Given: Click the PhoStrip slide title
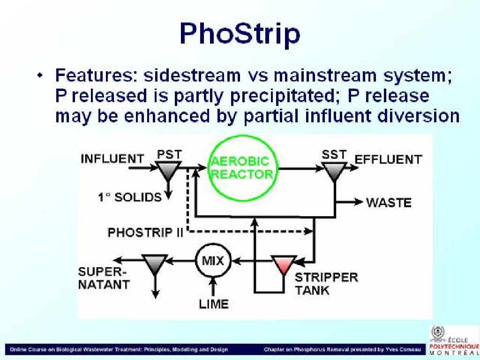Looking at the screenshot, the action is [x=240, y=34].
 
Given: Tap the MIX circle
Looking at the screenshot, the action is [x=213, y=245].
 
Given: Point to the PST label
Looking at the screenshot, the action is [x=169, y=154].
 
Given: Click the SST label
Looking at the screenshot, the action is [x=334, y=154].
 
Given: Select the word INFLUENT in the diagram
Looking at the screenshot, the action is [x=112, y=159].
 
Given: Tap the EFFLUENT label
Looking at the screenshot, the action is [x=388, y=159].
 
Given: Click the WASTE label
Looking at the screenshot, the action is [x=389, y=202].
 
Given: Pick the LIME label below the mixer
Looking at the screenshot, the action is [x=214, y=304].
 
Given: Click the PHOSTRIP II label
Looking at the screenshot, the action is [x=145, y=233].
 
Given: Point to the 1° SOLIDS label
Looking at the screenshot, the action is [x=129, y=197].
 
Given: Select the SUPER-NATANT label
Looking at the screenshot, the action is [x=104, y=278].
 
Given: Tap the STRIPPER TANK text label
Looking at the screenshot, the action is [x=326, y=284].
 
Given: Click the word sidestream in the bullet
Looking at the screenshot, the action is [x=192, y=75].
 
